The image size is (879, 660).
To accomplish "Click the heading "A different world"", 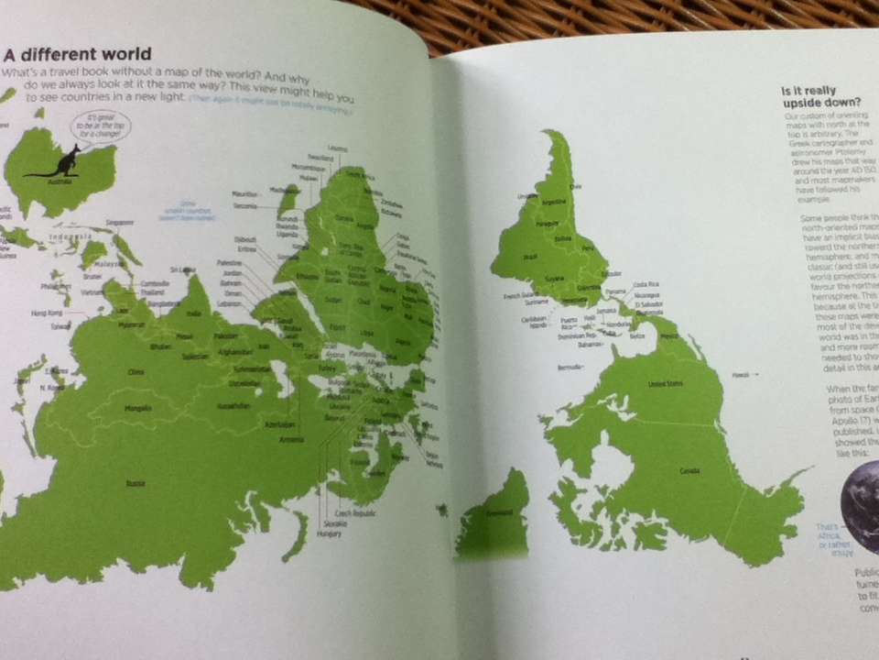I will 77,54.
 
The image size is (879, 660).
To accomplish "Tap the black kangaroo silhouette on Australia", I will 65,163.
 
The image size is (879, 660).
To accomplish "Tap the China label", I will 136,372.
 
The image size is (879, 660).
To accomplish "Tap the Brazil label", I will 529,259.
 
